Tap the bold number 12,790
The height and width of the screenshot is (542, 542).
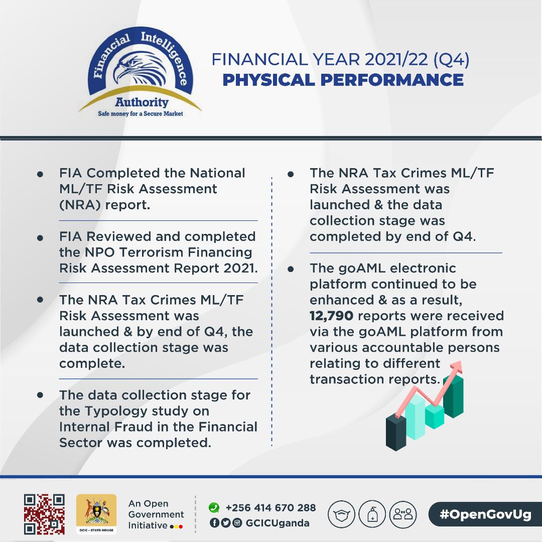pyautogui.click(x=331, y=316)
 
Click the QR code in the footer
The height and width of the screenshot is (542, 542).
pyautogui.click(x=44, y=514)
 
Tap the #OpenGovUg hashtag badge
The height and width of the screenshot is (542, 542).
pyautogui.click(x=485, y=514)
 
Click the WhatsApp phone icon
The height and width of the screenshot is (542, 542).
pyautogui.click(x=214, y=507)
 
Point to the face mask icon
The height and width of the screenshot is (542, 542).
pyautogui.click(x=341, y=514)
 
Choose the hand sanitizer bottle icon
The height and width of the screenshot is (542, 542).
pyautogui.click(x=372, y=514)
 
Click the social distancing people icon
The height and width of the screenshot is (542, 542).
pyautogui.click(x=403, y=514)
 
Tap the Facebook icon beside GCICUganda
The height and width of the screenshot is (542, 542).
pyautogui.click(x=214, y=523)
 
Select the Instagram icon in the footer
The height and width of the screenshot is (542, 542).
pyautogui.click(x=237, y=523)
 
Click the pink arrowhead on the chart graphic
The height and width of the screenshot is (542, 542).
pyautogui.click(x=457, y=366)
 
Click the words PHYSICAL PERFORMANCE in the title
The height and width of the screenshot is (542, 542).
pyautogui.click(x=343, y=80)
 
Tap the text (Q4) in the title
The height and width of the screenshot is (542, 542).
pyautogui.click(x=451, y=59)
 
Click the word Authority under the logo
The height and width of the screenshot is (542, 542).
pyautogui.click(x=142, y=102)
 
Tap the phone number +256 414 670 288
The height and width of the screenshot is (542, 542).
pyautogui.click(x=270, y=507)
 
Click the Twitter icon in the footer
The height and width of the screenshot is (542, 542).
pyautogui.click(x=225, y=523)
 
